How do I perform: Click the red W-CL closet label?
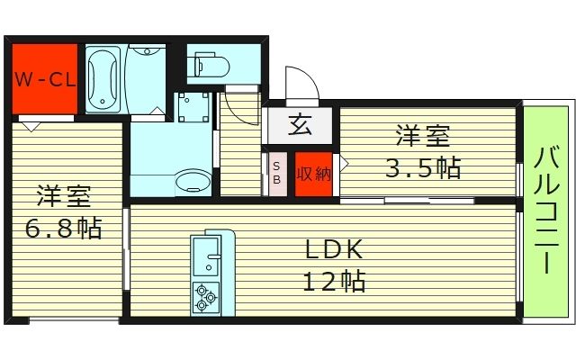[42, 78]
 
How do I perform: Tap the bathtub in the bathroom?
[103, 78]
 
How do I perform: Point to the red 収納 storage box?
[312, 172]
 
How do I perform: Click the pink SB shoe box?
[277, 172]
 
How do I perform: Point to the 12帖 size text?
[332, 282]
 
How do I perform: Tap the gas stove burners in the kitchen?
[206, 295]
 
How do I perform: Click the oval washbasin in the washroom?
[191, 182]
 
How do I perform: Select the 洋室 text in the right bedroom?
[423, 139]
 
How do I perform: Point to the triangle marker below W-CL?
[32, 127]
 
